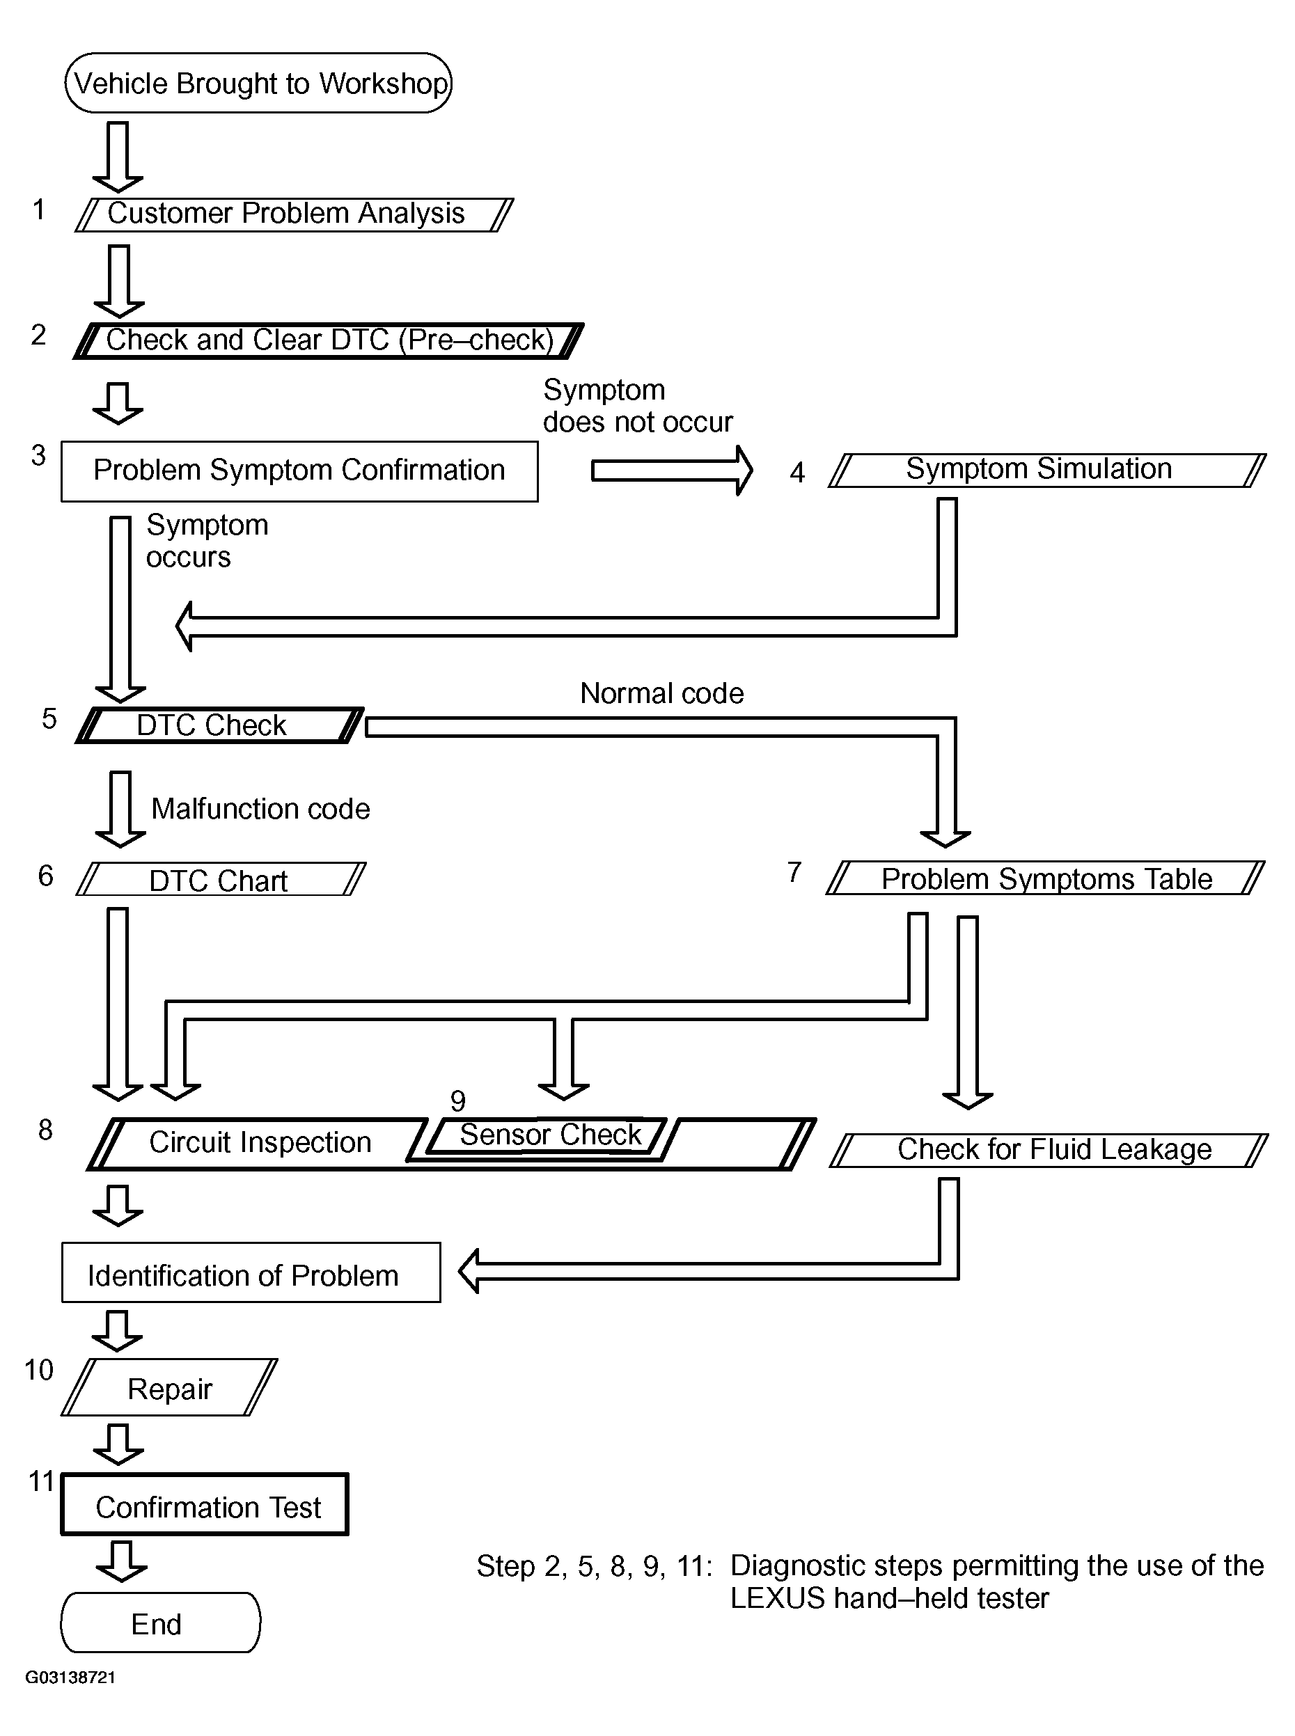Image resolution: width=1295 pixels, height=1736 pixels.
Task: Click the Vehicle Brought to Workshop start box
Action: click(258, 83)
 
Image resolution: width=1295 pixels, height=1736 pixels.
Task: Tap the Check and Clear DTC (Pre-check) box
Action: click(329, 341)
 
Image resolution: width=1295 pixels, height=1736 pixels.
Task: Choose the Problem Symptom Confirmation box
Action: click(299, 471)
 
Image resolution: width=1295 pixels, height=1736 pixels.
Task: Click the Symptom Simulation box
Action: click(1047, 471)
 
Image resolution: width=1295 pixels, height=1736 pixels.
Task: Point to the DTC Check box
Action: click(219, 725)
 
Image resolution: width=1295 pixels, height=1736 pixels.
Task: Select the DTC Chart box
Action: click(221, 879)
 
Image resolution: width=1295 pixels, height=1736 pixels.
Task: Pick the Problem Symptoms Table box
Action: click(1046, 878)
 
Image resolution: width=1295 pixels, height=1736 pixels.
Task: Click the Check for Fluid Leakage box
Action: click(1049, 1150)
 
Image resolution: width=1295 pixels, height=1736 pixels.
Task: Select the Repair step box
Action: click(169, 1387)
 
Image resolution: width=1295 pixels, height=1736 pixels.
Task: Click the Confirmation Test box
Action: click(205, 1505)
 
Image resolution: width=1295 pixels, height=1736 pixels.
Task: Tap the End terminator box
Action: click(161, 1623)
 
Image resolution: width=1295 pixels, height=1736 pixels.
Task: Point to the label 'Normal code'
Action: click(661, 693)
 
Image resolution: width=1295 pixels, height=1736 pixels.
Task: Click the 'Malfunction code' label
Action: click(260, 809)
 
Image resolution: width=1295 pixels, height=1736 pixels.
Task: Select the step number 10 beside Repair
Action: click(39, 1370)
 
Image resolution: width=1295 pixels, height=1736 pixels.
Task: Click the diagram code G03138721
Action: click(70, 1678)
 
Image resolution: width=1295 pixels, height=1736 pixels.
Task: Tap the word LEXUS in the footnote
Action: click(778, 1599)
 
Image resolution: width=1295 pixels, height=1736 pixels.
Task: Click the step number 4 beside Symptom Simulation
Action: click(797, 473)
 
